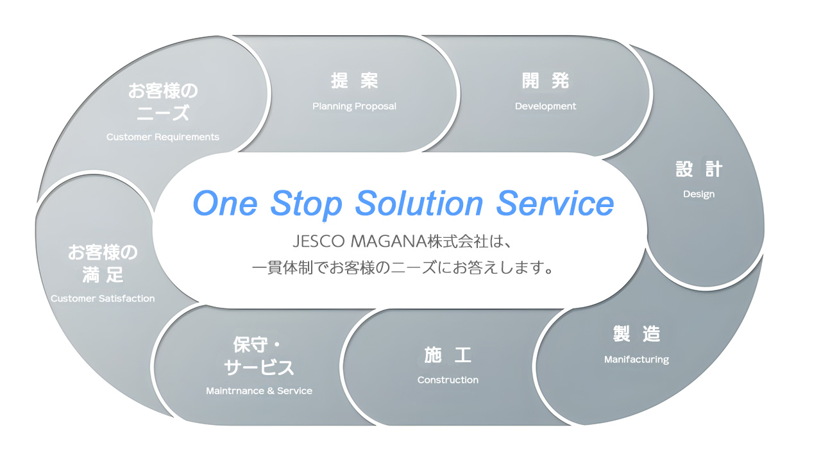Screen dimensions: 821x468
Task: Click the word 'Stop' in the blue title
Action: click(x=306, y=205)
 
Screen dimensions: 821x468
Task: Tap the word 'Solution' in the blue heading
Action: click(x=419, y=203)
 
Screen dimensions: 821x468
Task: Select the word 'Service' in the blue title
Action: click(x=555, y=203)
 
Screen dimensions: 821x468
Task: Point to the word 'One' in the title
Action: click(x=225, y=204)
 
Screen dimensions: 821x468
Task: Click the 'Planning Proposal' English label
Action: click(x=354, y=106)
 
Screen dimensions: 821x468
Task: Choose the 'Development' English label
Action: click(x=545, y=106)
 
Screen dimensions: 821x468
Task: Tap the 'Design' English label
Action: click(x=698, y=194)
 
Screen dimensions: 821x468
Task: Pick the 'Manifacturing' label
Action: click(x=636, y=359)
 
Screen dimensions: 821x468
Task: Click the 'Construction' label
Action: click(x=448, y=380)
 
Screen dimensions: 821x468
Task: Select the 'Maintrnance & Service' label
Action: click(x=258, y=390)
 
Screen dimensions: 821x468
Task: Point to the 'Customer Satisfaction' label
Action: click(x=103, y=299)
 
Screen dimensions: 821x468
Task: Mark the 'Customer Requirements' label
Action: click(x=163, y=137)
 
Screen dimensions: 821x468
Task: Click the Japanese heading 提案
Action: click(x=354, y=81)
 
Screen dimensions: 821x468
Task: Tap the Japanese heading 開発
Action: click(x=545, y=81)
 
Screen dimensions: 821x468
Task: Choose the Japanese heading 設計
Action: click(x=698, y=169)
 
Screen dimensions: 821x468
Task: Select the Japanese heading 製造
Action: click(x=636, y=333)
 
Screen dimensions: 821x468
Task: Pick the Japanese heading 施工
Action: click(x=448, y=355)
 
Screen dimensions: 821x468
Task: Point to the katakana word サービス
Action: click(x=258, y=367)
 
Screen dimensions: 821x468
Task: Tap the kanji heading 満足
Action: click(x=103, y=274)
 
